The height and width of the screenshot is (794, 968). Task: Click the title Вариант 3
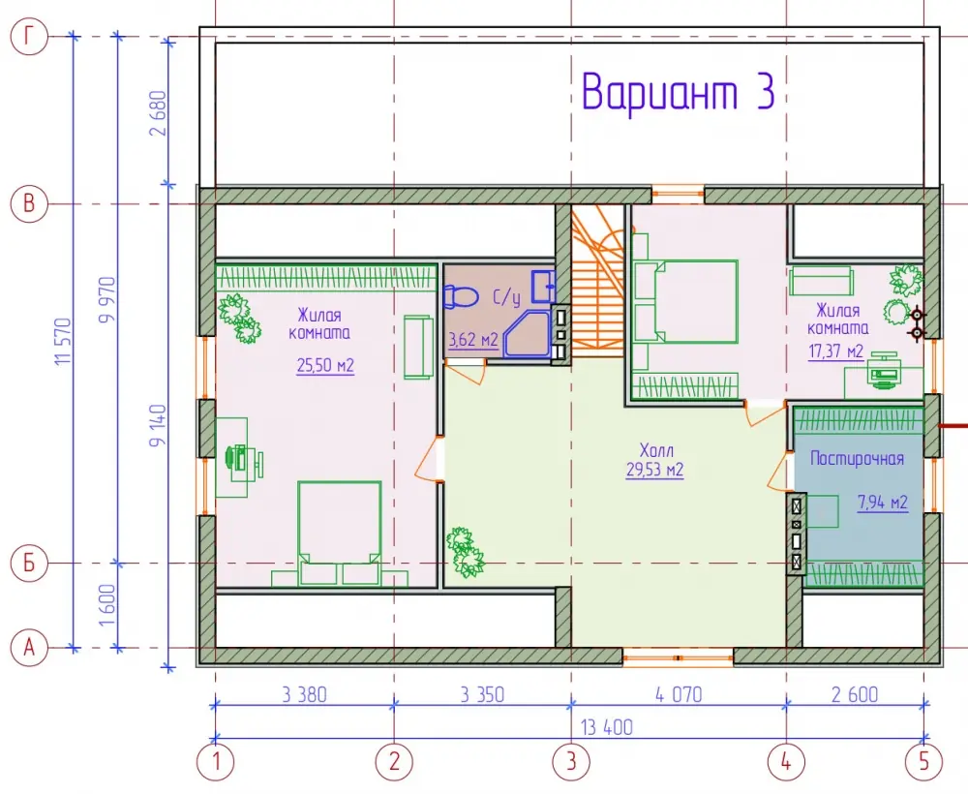click(x=678, y=91)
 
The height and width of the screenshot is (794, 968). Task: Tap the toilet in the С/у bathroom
click(x=461, y=297)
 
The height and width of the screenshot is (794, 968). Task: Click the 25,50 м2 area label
click(x=325, y=365)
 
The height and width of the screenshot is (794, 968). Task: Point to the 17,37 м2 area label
click(x=836, y=351)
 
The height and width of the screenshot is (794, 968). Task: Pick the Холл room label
click(x=656, y=449)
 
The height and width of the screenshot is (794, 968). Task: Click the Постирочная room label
click(x=857, y=458)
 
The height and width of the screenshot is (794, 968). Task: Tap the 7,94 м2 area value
click(x=883, y=503)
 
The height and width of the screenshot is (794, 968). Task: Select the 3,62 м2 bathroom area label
click(x=473, y=340)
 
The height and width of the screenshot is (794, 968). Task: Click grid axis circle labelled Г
click(x=29, y=37)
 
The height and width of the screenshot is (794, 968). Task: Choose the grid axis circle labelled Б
click(x=29, y=564)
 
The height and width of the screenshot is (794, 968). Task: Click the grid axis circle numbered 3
click(x=572, y=761)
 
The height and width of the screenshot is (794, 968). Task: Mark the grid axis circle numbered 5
click(x=924, y=761)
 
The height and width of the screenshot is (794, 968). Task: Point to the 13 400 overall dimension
click(x=607, y=727)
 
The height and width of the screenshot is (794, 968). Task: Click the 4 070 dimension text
click(x=679, y=694)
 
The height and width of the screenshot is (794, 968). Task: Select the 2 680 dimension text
click(x=159, y=113)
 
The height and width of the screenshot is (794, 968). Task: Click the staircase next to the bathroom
click(x=597, y=281)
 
